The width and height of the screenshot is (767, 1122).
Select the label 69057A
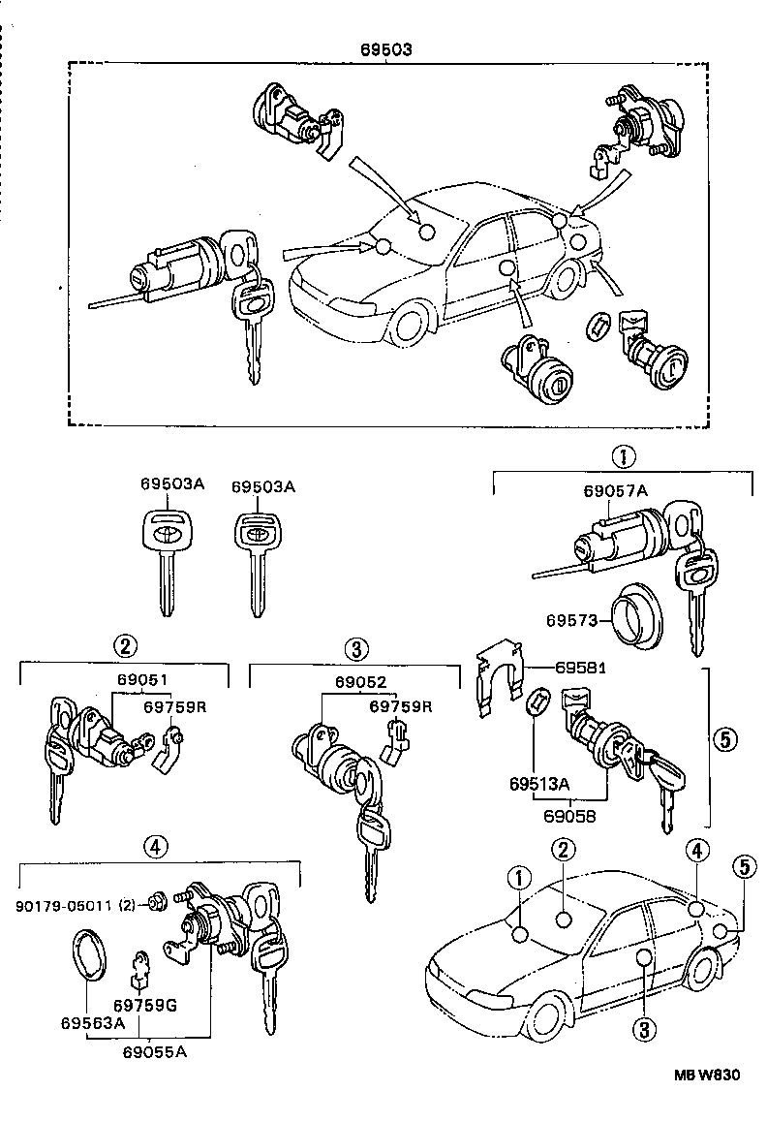pyautogui.click(x=615, y=491)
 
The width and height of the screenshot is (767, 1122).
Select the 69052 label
pyautogui.click(x=356, y=681)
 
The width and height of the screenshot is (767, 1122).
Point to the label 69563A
pyautogui.click(x=92, y=1022)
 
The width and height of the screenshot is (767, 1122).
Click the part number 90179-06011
pyautogui.click(x=66, y=905)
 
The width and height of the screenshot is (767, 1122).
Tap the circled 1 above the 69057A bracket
pyautogui.click(x=624, y=455)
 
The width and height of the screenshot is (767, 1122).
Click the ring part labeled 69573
pyautogui.click(x=634, y=616)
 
